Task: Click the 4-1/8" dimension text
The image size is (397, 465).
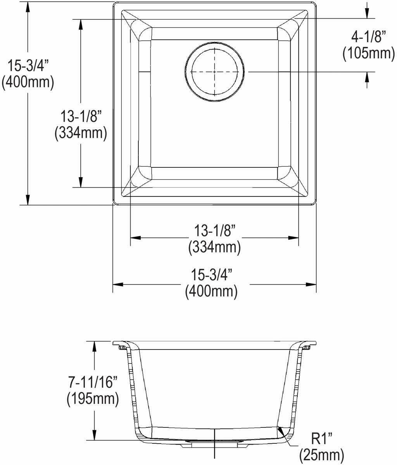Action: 369,37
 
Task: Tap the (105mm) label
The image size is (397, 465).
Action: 369,53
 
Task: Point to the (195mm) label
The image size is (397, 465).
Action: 93,398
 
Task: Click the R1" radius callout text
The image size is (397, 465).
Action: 322,438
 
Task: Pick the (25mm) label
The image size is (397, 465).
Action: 322,455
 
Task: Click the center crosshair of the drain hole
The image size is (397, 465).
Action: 214,72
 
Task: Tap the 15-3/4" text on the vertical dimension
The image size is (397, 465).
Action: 28,65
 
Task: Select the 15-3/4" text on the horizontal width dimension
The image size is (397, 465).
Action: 211,274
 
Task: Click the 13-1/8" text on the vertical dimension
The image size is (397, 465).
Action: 81,116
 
